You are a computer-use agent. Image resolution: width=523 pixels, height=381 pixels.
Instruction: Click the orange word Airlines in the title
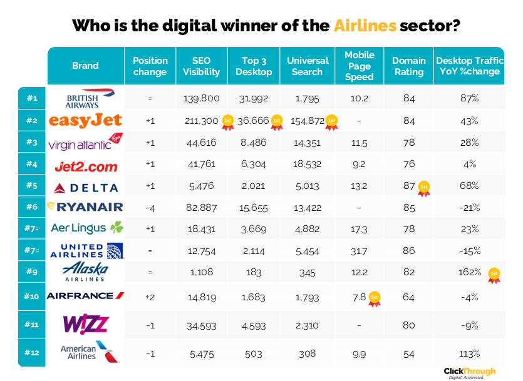(365, 26)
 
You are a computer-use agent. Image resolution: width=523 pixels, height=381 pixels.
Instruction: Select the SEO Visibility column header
(201, 66)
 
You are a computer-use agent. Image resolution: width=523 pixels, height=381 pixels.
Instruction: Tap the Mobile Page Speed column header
(359, 66)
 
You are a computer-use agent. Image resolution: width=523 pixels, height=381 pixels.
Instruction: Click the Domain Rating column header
(409, 66)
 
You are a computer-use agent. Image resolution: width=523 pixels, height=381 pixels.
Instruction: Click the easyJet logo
(85, 120)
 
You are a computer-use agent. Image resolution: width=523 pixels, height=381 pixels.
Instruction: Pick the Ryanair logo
(85, 206)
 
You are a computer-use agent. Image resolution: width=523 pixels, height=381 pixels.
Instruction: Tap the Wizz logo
(86, 324)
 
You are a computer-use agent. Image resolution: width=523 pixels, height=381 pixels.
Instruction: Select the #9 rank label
(32, 273)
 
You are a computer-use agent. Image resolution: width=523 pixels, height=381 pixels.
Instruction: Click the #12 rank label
(32, 353)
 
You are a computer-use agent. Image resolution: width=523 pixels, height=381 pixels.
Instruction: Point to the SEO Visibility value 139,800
(201, 99)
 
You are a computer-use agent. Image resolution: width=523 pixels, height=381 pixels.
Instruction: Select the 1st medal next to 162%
(494, 275)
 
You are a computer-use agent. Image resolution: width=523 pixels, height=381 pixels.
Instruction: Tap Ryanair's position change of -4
(150, 207)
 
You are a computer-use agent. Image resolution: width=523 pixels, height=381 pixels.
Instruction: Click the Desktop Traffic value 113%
(470, 353)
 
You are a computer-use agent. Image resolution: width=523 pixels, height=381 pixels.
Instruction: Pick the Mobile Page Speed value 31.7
(359, 251)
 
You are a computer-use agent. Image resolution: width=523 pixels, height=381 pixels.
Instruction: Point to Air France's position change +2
(150, 296)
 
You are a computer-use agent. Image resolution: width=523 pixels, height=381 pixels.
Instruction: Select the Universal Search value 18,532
(308, 165)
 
